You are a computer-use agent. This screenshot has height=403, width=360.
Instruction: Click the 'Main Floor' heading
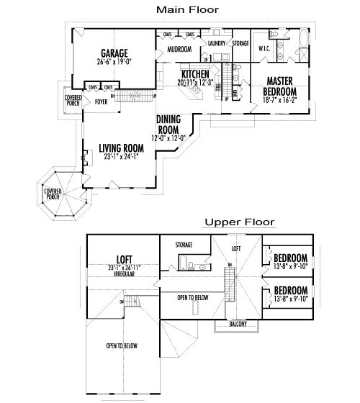(188, 9)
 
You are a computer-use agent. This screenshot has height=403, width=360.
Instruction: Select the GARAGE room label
(114, 53)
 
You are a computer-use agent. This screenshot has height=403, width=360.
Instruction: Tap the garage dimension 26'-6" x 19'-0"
(114, 62)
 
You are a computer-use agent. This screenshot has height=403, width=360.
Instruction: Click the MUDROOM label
(179, 50)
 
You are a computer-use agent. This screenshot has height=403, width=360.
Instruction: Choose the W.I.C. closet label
(263, 48)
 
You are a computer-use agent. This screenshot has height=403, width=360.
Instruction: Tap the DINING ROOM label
(168, 124)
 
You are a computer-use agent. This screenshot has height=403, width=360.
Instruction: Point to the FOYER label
(102, 102)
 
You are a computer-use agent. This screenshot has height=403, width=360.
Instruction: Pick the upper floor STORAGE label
(184, 245)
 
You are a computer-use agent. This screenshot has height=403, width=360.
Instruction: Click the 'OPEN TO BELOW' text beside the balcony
(192, 296)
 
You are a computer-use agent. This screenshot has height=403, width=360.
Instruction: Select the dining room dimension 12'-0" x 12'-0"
(168, 137)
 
